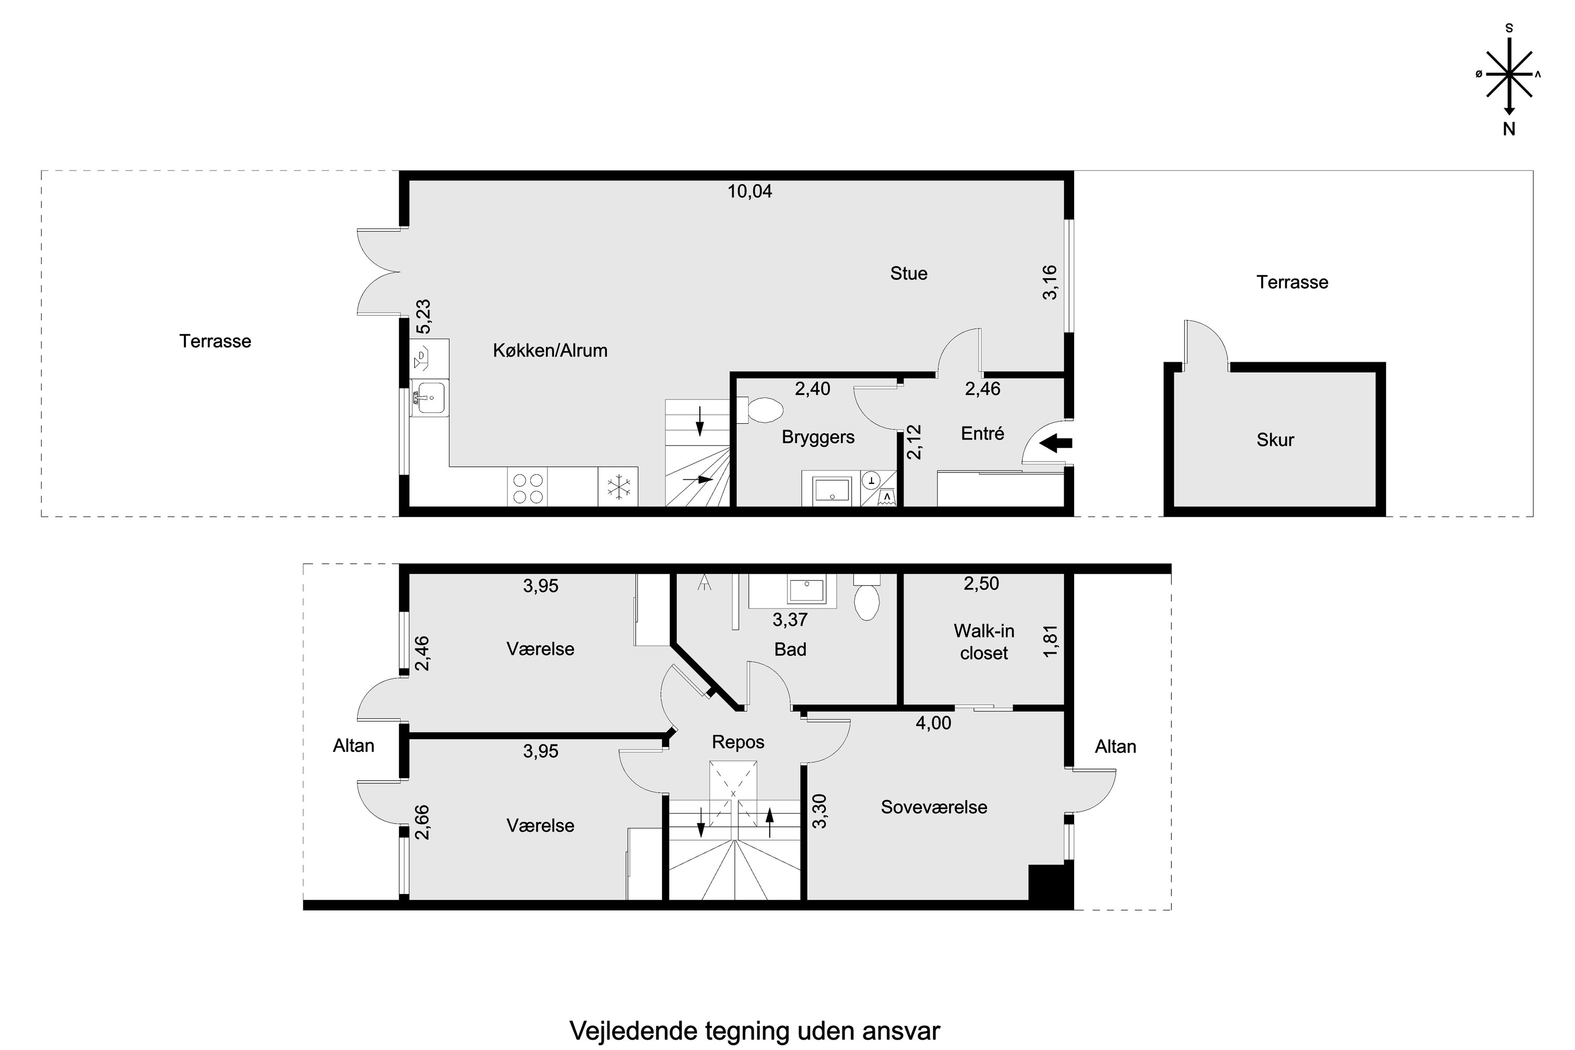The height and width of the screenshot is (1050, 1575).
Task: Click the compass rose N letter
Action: pyautogui.click(x=1509, y=130)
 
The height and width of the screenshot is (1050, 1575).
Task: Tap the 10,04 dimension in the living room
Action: pyautogui.click(x=750, y=192)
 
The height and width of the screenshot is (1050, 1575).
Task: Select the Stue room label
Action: pyautogui.click(x=908, y=273)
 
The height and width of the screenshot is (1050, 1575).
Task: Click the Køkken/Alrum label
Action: pyautogui.click(x=550, y=350)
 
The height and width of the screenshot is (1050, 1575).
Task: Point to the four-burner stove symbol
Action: pyautogui.click(x=527, y=488)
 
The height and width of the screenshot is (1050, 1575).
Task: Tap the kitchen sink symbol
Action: pyautogui.click(x=429, y=399)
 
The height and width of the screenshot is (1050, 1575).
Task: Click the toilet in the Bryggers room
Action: pyautogui.click(x=763, y=411)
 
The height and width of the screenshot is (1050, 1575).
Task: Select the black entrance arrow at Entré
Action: pyautogui.click(x=1055, y=443)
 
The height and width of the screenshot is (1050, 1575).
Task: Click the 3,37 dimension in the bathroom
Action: pyautogui.click(x=790, y=620)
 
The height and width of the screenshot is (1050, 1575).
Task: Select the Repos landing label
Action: pyautogui.click(x=738, y=742)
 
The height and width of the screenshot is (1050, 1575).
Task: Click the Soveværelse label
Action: pyautogui.click(x=933, y=807)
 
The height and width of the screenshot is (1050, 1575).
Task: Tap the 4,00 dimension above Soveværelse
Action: pyautogui.click(x=933, y=722)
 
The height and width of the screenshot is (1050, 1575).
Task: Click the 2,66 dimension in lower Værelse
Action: pyautogui.click(x=422, y=822)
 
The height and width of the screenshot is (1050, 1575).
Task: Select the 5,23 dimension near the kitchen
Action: pyautogui.click(x=423, y=317)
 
